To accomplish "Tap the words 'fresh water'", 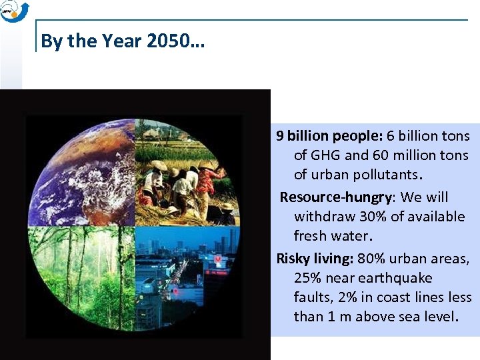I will point(332,236).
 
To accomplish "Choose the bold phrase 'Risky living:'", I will point(315,259).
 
